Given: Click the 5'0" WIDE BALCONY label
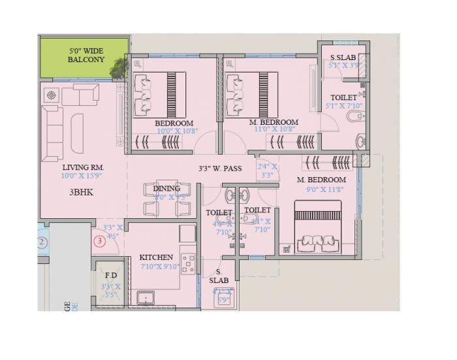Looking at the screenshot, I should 86,54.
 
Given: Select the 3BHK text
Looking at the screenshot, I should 82,193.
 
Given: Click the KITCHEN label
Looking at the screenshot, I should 157,257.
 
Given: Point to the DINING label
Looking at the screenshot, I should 166,188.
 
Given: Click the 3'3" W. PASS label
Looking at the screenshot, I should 220,169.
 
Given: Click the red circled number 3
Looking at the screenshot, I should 99,241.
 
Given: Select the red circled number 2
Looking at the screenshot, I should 42,244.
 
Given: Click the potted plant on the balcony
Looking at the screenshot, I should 119,65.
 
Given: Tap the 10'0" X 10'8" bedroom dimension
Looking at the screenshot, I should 174,131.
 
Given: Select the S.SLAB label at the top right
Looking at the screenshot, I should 343,57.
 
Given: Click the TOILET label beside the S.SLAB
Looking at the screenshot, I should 343,97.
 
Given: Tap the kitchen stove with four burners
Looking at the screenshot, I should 189,263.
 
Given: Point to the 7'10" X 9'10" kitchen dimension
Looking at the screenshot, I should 159,267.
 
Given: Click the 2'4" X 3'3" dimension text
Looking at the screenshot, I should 267,171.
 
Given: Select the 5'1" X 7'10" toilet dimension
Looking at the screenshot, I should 343,106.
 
